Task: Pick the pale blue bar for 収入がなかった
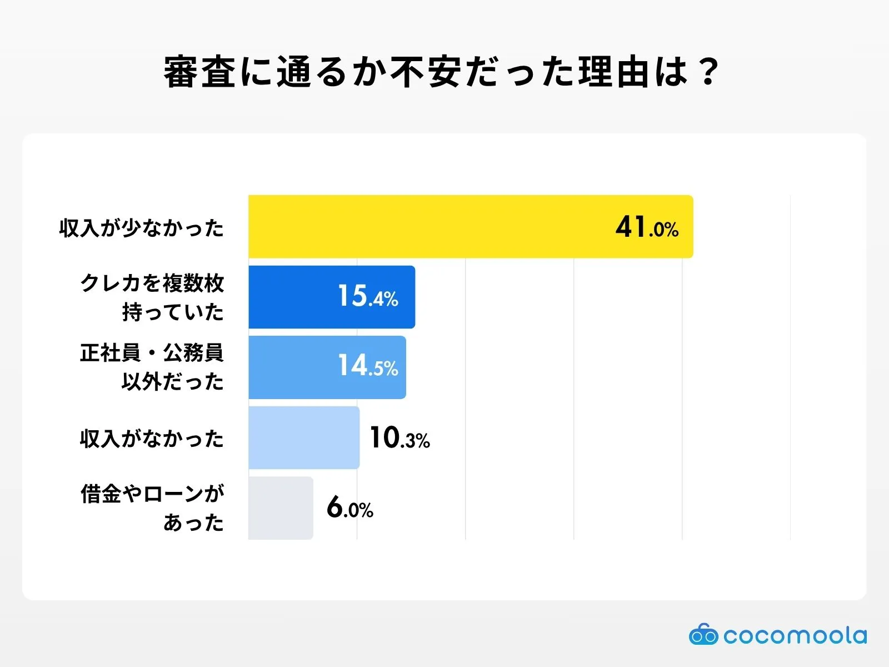click(x=303, y=437)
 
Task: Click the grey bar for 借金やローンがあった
click(x=281, y=507)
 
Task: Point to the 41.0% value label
click(x=647, y=227)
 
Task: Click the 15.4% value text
click(x=368, y=296)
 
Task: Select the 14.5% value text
click(x=368, y=366)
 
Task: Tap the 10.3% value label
click(x=399, y=438)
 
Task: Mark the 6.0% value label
click(x=349, y=507)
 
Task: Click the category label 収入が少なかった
click(x=141, y=228)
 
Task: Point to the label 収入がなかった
click(x=152, y=439)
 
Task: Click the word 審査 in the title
click(x=200, y=72)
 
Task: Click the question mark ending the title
click(x=708, y=72)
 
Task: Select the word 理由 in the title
click(x=615, y=72)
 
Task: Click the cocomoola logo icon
click(x=703, y=635)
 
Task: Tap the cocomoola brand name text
click(x=795, y=635)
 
